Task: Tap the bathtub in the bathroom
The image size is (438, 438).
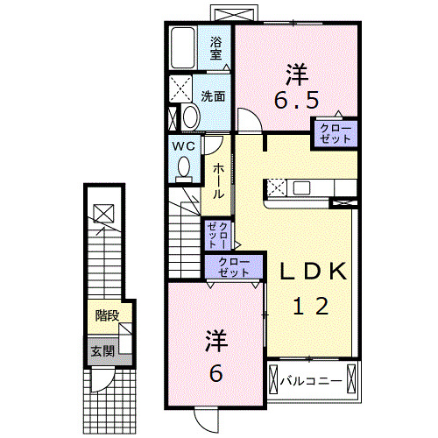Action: click(183, 47)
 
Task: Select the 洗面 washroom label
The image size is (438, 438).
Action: click(213, 97)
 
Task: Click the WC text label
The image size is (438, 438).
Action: click(182, 145)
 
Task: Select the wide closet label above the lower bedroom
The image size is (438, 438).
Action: click(233, 266)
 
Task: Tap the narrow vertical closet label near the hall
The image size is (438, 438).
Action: click(218, 234)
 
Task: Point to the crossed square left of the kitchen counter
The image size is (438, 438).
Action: click(275, 186)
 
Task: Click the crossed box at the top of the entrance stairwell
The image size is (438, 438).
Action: click(102, 211)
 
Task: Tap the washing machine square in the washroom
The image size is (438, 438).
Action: click(182, 88)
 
